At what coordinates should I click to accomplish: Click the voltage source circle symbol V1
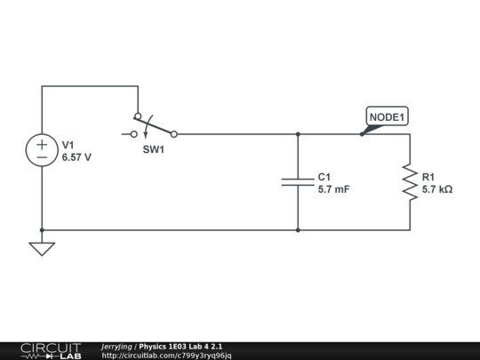42,149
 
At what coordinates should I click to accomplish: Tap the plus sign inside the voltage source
42,142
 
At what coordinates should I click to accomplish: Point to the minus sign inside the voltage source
42,156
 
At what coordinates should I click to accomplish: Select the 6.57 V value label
76,156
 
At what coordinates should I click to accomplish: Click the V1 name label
68,143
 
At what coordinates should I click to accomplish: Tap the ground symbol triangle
42,249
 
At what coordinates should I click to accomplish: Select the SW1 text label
154,149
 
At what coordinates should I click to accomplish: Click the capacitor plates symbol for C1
297,181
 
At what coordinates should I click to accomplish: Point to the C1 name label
324,177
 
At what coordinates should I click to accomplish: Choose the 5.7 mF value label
333,189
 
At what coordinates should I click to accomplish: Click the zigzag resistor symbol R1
410,181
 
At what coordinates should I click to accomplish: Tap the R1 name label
428,177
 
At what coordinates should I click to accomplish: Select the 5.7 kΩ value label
437,189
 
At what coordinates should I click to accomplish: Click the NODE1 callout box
388,116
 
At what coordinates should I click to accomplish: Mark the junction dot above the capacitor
297,134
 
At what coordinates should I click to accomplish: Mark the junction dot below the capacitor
297,230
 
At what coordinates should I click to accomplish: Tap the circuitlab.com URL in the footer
166,356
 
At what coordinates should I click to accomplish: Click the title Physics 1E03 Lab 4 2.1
181,346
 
